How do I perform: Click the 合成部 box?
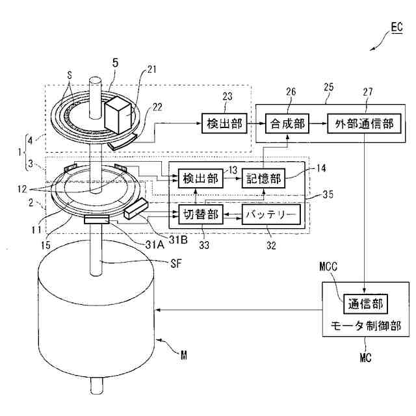tap(286, 122)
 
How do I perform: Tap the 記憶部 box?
tap(264, 178)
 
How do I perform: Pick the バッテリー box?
tap(271, 214)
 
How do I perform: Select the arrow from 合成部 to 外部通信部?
tap(318, 122)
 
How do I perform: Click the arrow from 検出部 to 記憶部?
tap(232, 178)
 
